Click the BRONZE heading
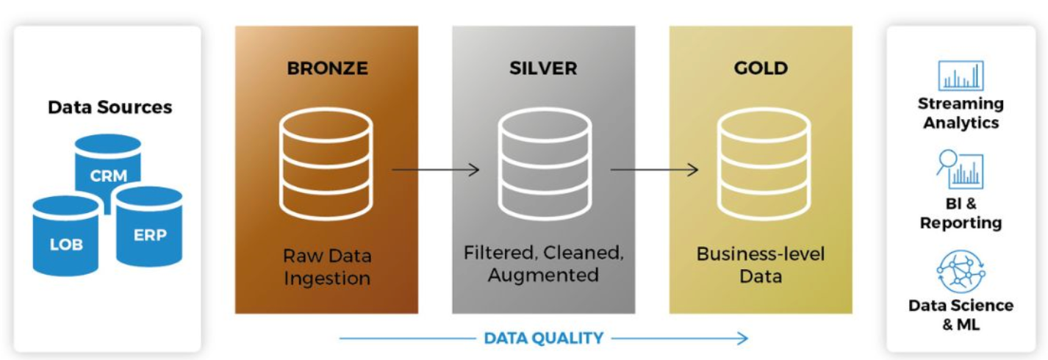(x=327, y=69)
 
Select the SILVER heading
(x=543, y=69)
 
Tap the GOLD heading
(x=761, y=69)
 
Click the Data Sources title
(x=110, y=107)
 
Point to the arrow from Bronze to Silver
(x=435, y=170)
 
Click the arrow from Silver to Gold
(x=653, y=170)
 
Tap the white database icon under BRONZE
(x=326, y=163)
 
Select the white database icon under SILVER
(x=544, y=163)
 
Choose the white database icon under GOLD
(x=762, y=163)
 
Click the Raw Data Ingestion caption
(x=327, y=267)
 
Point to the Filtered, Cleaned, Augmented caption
(x=543, y=264)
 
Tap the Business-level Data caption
(x=761, y=265)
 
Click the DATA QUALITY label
(x=543, y=339)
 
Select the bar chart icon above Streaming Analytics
(x=961, y=76)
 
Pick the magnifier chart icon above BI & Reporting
(x=960, y=170)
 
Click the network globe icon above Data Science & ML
(x=961, y=272)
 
